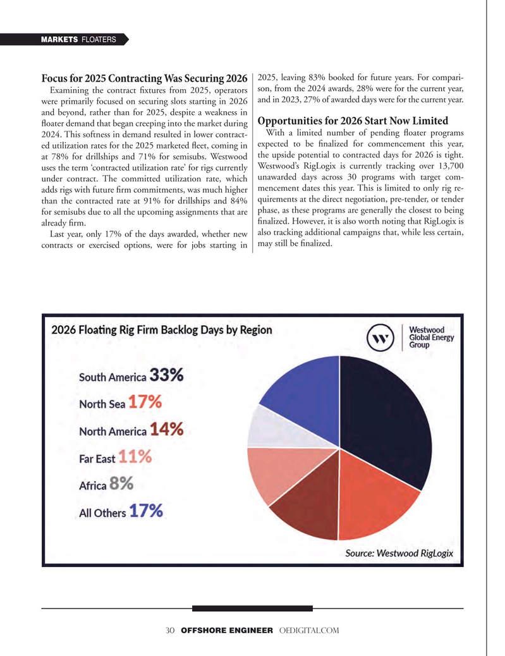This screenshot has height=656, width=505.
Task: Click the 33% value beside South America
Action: [167, 376]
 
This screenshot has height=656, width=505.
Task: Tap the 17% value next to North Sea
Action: [145, 403]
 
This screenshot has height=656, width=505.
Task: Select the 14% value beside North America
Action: [167, 430]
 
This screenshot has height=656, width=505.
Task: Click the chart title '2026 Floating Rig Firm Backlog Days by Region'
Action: [162, 330]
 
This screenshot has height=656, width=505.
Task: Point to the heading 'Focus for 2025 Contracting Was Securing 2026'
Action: [144, 80]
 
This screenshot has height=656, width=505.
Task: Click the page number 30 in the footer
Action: [169, 632]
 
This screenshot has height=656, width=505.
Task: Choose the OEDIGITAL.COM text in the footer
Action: [308, 632]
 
